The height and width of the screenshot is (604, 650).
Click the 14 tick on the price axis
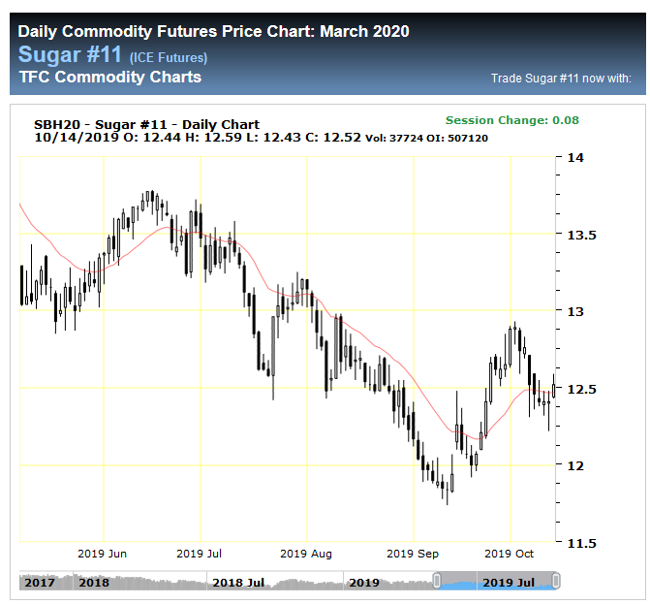coord(576,158)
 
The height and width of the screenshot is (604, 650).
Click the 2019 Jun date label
coord(103,554)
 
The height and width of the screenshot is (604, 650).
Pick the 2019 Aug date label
coord(306,554)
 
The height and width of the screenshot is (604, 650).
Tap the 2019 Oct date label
coord(510,554)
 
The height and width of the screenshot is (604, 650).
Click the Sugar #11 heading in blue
coord(70,54)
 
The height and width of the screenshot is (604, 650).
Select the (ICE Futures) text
coord(168,58)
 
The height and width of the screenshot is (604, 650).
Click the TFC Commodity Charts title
coord(109,78)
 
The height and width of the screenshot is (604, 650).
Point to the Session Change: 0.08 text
coord(512,120)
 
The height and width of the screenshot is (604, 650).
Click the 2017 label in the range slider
coord(40,583)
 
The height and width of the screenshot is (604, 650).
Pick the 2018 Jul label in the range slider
coord(239,583)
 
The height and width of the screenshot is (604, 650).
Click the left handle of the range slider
coord(437,581)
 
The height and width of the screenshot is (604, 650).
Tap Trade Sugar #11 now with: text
coord(561,79)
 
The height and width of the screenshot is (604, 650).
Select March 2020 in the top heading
coord(364,31)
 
